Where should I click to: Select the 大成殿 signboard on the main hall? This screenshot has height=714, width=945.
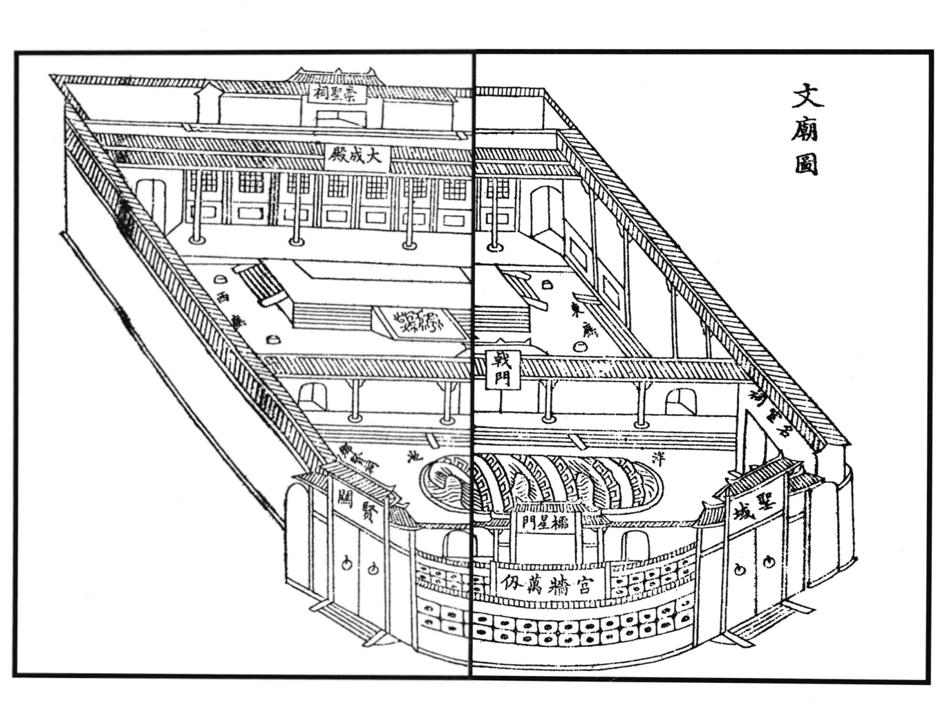tap(357, 156)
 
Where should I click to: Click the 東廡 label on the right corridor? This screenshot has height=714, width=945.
tap(586, 320)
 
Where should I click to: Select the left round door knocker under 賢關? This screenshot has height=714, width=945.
tap(346, 563)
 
